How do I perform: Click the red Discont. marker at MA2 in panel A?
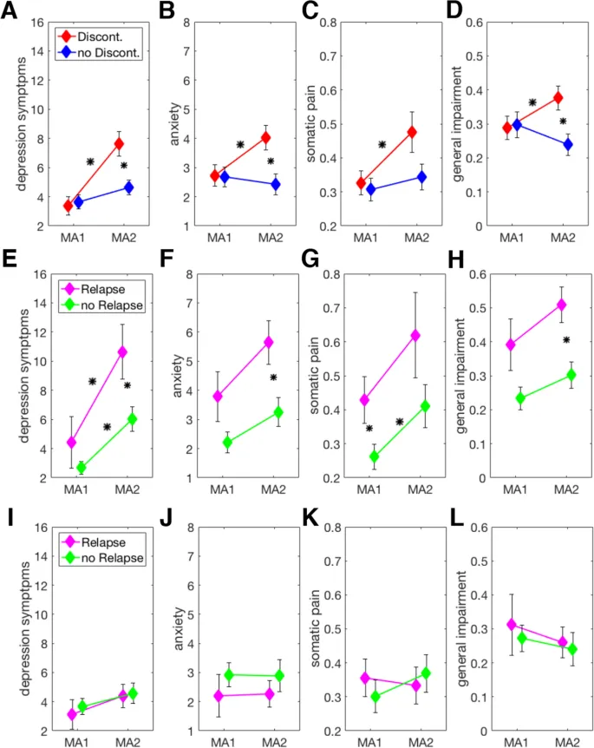click(x=120, y=144)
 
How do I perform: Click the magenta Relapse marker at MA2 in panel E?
click(x=122, y=351)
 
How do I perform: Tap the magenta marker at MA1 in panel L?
click(x=512, y=625)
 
